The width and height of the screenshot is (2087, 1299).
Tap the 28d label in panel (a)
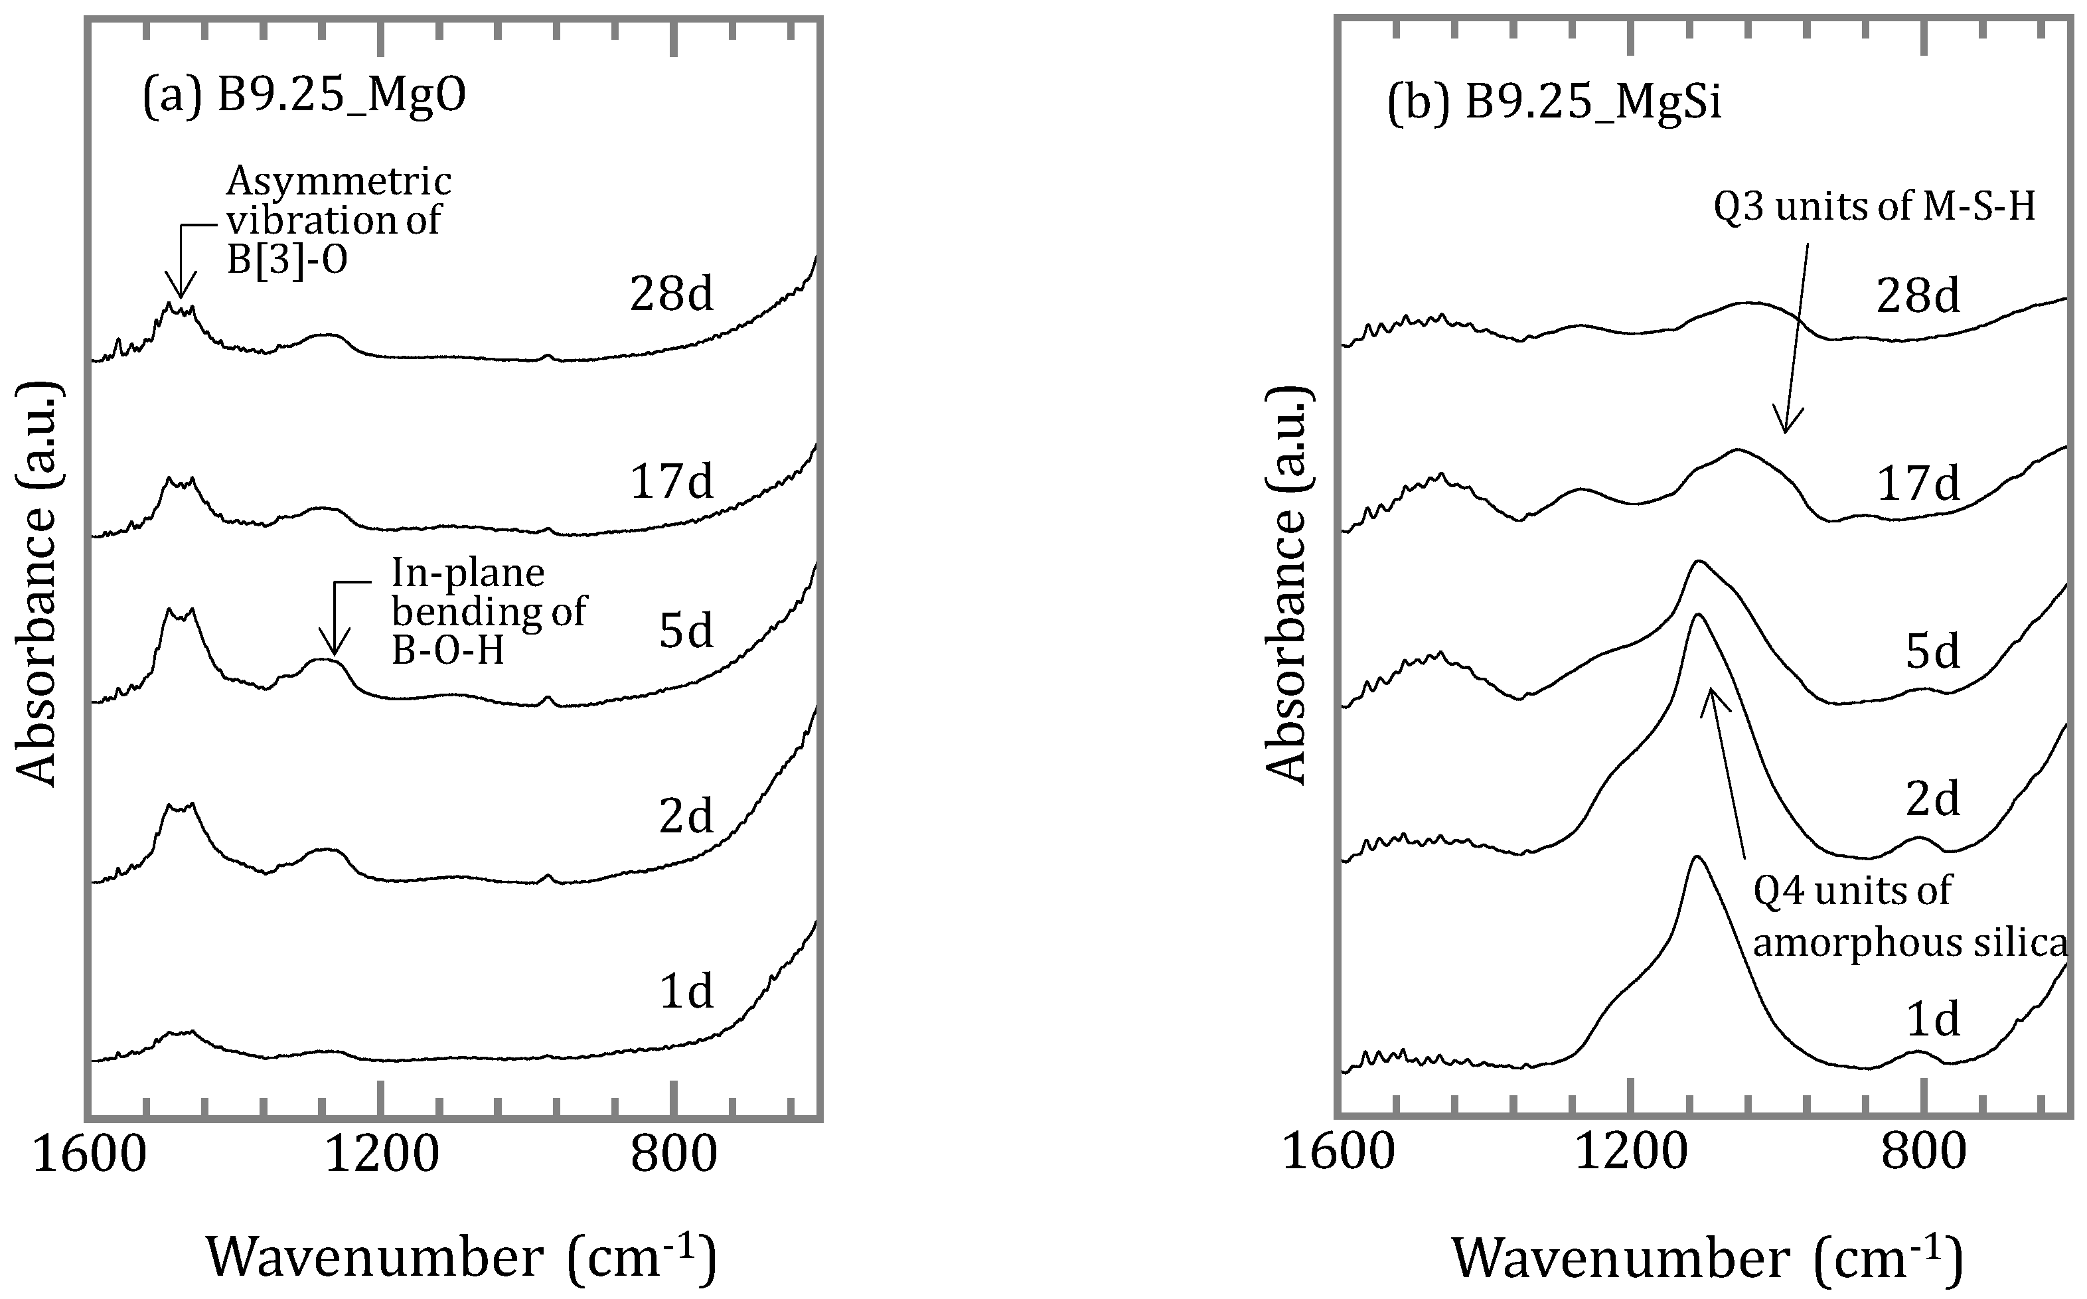[x=671, y=295]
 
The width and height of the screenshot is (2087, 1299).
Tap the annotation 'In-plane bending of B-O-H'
[x=488, y=612]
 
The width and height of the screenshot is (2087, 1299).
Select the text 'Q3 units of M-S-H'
[x=1874, y=208]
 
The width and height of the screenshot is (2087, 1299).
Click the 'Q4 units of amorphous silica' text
[x=1909, y=917]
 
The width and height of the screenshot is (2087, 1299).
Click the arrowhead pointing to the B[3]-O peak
[x=179, y=292]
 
